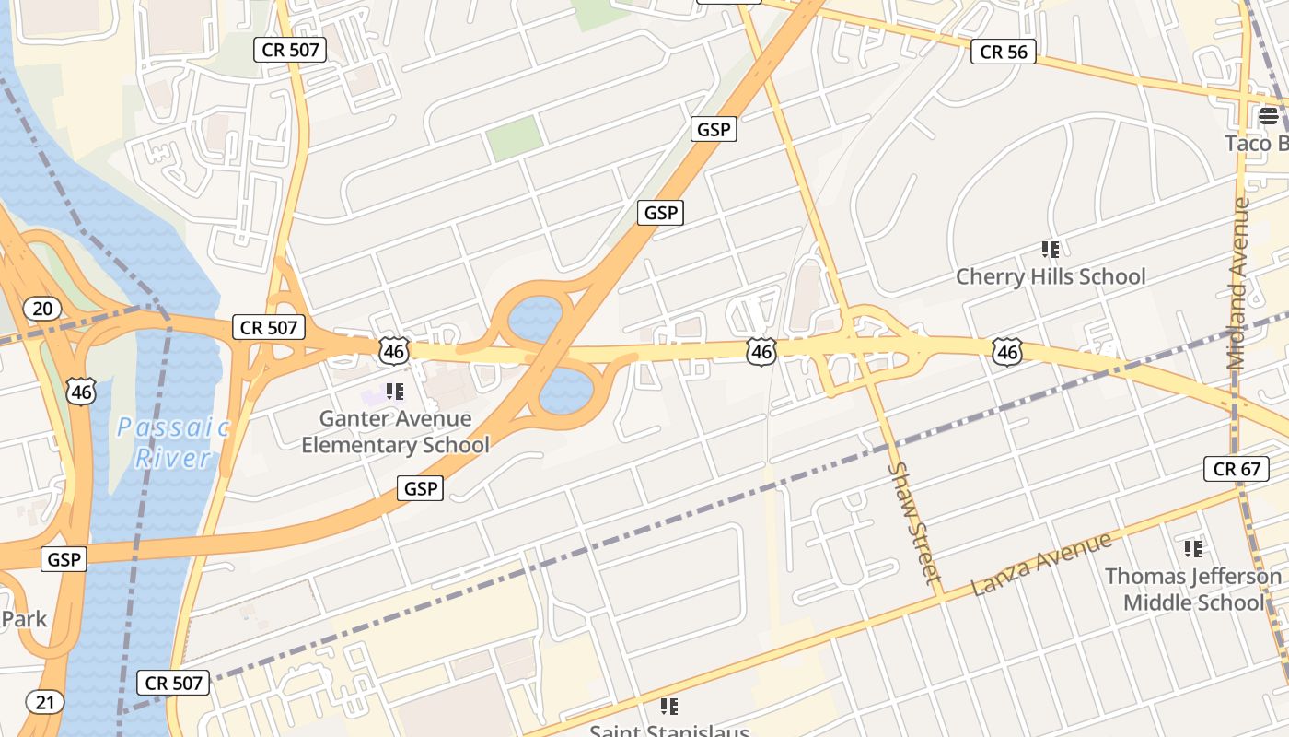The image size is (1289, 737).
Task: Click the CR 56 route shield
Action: click(1004, 52)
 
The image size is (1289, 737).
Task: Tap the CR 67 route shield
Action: click(1237, 469)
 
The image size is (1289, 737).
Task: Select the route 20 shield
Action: click(42, 308)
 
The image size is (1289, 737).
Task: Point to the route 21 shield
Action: click(45, 703)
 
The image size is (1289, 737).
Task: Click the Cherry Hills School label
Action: click(1051, 276)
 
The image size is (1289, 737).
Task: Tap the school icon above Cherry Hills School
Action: click(1051, 249)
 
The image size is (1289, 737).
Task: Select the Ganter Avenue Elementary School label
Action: click(396, 431)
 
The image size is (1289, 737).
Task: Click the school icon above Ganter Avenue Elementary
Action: click(396, 392)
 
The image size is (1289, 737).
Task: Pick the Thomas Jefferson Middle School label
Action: click(1193, 590)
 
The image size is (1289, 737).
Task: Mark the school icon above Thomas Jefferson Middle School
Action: click(1193, 549)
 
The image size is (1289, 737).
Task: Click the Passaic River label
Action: click(173, 442)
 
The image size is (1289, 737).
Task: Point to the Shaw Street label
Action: click(915, 521)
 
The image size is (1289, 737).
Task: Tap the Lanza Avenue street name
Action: click(1041, 563)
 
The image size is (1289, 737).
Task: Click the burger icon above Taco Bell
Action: click(1269, 116)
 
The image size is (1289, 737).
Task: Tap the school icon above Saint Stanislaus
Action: click(669, 707)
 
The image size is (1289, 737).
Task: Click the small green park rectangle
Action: click(514, 138)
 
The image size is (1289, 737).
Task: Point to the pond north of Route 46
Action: click(534, 319)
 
